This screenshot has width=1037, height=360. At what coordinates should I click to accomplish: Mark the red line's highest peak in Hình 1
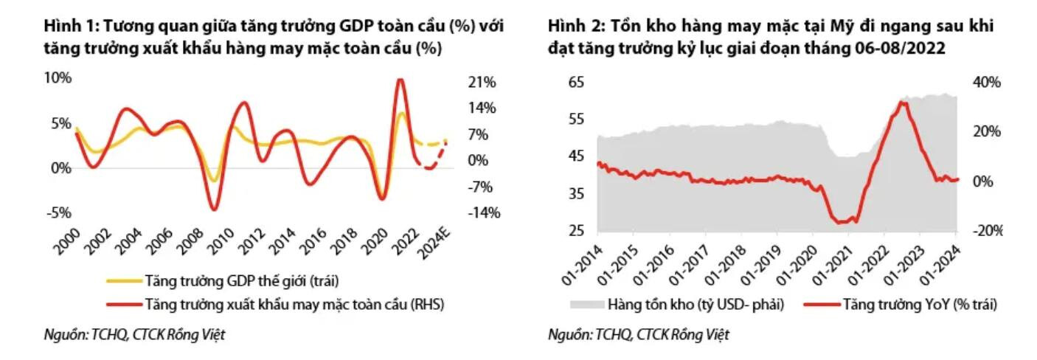pos(400,80)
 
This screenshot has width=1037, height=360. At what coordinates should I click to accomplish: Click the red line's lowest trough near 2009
pos(214,210)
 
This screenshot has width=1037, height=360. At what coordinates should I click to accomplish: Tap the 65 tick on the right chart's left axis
pos(576,82)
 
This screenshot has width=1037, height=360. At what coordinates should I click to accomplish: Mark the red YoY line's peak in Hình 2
pos(903,102)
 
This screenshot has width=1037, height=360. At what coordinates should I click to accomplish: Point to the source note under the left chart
pos(133,335)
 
